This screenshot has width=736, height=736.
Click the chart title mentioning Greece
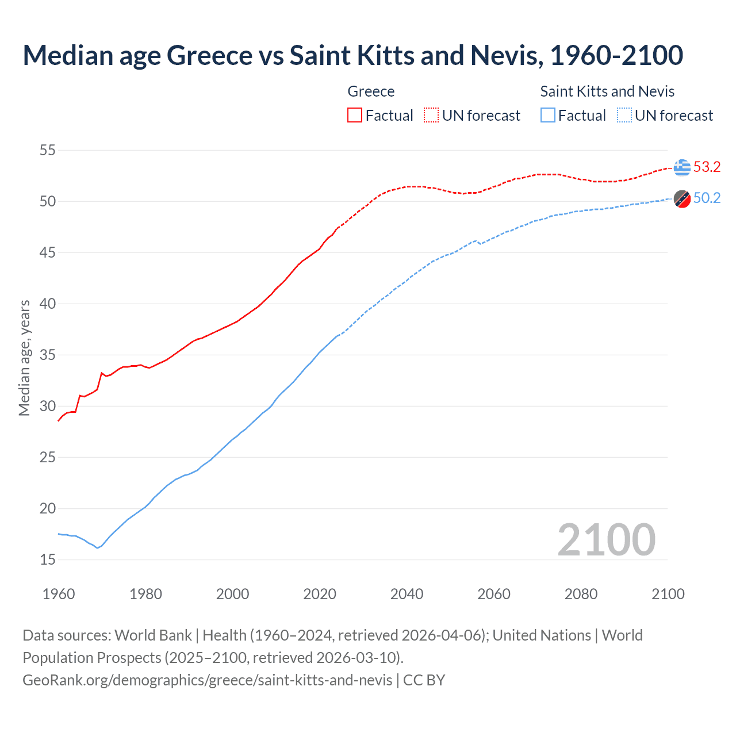tap(352, 55)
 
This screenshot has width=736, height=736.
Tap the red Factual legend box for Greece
tap(355, 116)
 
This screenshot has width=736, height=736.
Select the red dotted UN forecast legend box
tap(431, 116)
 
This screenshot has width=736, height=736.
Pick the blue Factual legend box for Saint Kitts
tap(548, 116)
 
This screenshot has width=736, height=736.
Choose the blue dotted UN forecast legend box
tap(624, 116)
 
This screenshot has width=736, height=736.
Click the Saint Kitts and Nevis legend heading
tap(607, 91)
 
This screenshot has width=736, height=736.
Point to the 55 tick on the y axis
tap(48, 151)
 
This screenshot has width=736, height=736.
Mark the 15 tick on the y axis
tap(48, 559)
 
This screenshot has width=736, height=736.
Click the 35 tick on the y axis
tap(48, 355)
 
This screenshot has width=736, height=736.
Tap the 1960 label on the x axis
tap(59, 594)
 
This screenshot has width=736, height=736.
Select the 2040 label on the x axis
tap(407, 594)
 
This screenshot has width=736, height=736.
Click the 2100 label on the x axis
tap(668, 594)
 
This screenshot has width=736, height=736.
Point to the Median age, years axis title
tap(24, 358)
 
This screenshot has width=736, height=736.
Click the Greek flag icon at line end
tap(682, 167)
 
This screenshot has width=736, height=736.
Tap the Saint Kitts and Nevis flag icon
tap(682, 199)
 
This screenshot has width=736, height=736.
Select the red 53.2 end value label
tap(707, 167)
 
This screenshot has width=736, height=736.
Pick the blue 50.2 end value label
tap(707, 198)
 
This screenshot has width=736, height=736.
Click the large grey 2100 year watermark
tap(606, 539)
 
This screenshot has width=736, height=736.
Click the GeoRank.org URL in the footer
tap(207, 680)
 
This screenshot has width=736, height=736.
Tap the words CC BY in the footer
tap(424, 680)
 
